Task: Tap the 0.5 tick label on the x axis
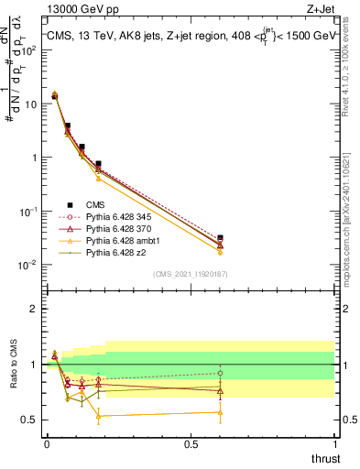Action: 191,443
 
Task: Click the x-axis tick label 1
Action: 335,443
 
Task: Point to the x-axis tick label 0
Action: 47,443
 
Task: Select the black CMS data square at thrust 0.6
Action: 220,238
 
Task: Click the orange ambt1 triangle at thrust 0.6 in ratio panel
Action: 220,412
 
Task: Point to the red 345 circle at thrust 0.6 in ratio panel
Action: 220,373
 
